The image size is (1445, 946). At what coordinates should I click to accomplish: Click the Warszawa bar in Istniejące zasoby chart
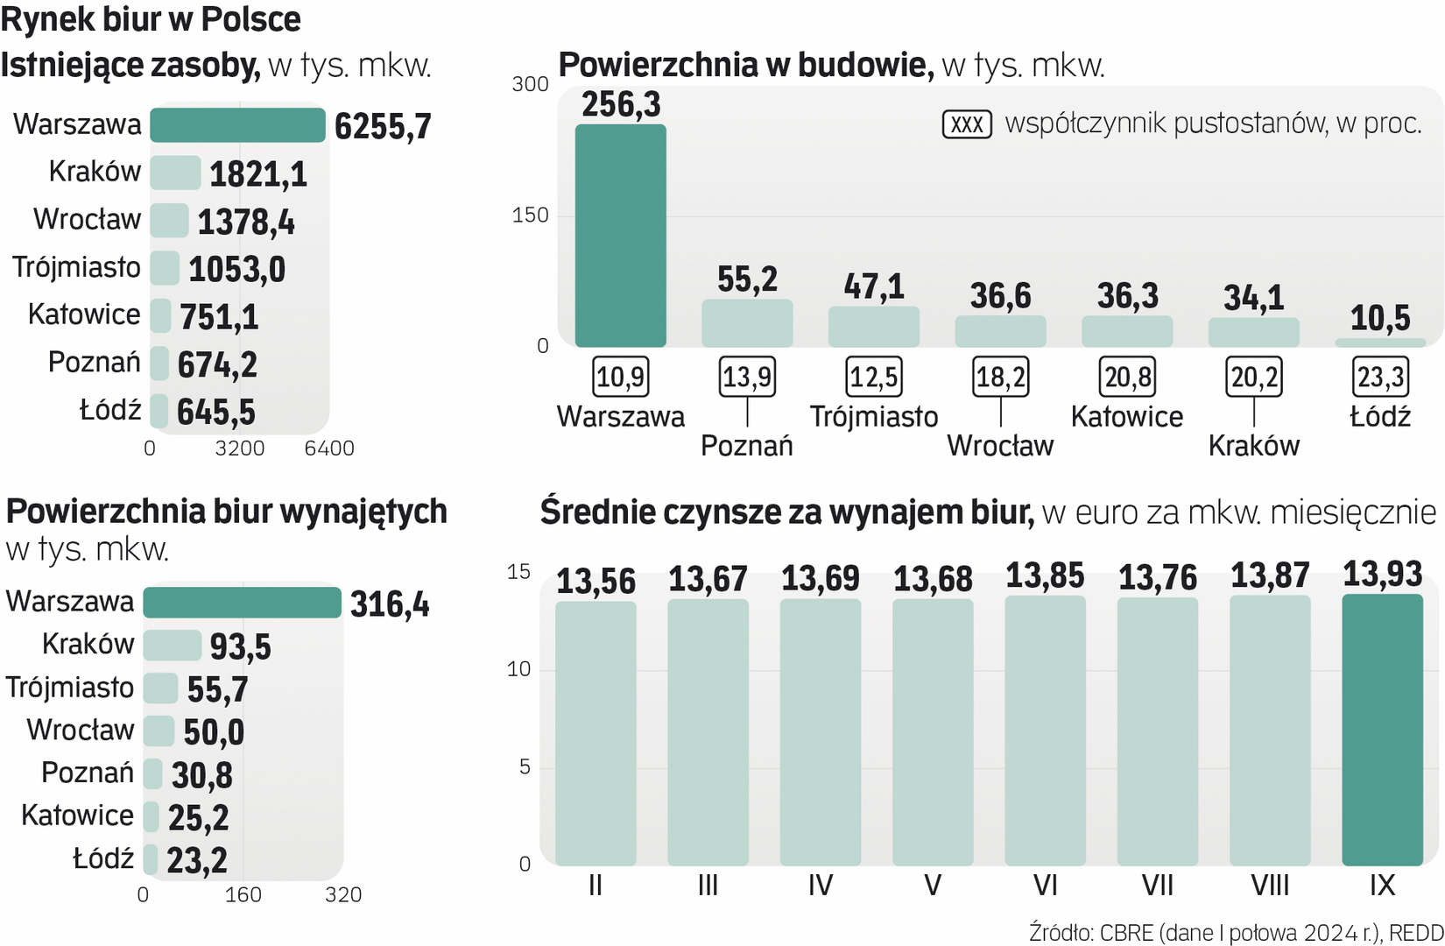pos(237,125)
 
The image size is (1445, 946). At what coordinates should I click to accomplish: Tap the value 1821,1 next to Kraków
pos(258,174)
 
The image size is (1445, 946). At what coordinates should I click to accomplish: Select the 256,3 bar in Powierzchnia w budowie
pos(620,236)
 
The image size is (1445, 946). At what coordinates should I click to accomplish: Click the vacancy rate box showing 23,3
pos(1380,378)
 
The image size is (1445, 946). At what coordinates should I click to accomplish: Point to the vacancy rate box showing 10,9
pos(620,378)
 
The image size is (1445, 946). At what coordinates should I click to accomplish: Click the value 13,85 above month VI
pos(1045,576)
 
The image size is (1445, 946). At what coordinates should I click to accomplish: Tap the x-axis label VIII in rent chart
pos(1270,886)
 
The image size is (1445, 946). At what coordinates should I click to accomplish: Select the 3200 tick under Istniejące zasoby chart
pos(240,448)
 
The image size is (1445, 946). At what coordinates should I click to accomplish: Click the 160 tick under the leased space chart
pos(243,895)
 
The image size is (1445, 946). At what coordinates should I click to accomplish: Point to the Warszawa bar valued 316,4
pos(242,603)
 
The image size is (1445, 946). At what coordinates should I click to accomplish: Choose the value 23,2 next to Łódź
pos(197,861)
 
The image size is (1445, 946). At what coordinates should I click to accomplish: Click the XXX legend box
pos(967,124)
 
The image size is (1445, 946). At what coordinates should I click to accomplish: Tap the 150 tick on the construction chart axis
pos(530,215)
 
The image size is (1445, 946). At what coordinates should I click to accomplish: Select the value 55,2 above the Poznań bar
pos(747,279)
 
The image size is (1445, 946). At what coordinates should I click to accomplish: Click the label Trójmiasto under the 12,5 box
pos(873,417)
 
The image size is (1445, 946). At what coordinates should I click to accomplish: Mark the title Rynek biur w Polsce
pos(151,19)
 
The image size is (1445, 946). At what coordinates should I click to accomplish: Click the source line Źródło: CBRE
pos(1236,933)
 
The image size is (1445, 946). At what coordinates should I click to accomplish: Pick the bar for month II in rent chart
pos(596,733)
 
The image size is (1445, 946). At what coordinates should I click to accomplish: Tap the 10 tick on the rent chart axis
pos(518,670)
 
